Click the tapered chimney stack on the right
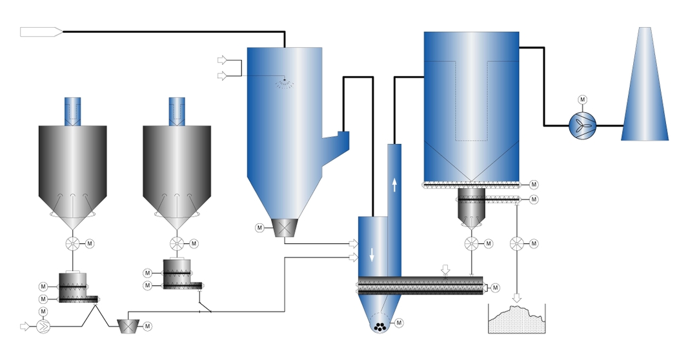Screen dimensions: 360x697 pyautogui.click(x=645, y=90)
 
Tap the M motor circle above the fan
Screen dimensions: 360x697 pyautogui.click(x=582, y=100)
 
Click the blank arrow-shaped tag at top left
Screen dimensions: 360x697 pyautogui.click(x=41, y=32)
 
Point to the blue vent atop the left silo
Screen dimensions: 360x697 pyautogui.click(x=73, y=111)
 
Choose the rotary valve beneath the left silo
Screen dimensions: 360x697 pyautogui.click(x=73, y=244)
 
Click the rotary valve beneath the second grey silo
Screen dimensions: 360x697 pyautogui.click(x=177, y=244)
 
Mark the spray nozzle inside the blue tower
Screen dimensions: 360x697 pyautogui.click(x=284, y=81)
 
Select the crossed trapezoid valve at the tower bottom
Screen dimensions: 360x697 pyautogui.click(x=285, y=227)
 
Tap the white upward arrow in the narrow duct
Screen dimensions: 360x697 pyautogui.click(x=394, y=185)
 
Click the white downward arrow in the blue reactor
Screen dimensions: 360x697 pyautogui.click(x=372, y=254)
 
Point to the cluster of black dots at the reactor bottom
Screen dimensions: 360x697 pyautogui.click(x=381, y=326)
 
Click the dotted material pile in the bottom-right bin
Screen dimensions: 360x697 pyautogui.click(x=516, y=321)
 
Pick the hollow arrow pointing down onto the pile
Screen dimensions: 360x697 pyautogui.click(x=516, y=298)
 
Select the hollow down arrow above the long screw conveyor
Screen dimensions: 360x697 pyautogui.click(x=445, y=268)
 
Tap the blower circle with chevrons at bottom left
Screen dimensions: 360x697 pyautogui.click(x=43, y=326)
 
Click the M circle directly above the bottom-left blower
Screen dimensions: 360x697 pyautogui.click(x=43, y=312)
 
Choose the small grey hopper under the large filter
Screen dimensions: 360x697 pyautogui.click(x=471, y=208)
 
